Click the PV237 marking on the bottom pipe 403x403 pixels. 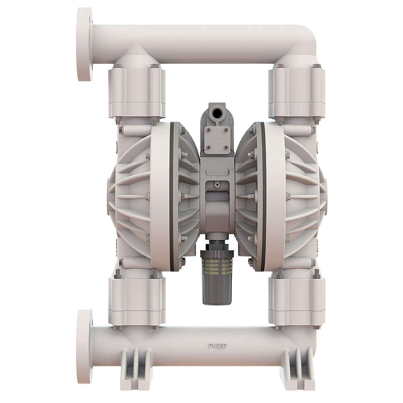[x=218, y=346]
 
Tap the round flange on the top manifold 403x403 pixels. [x=85, y=44]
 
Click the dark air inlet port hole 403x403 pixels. [x=216, y=112]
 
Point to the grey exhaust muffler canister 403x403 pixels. [x=217, y=278]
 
